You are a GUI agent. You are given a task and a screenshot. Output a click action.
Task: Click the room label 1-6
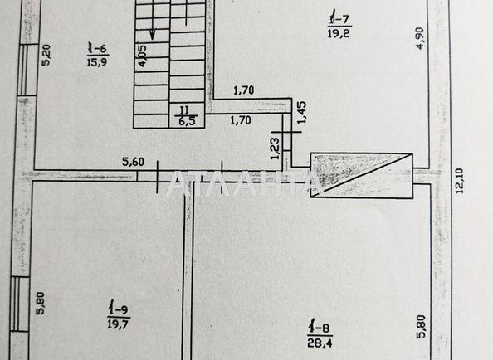pyautogui.click(x=97, y=49)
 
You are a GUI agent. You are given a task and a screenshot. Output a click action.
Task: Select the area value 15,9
pyautogui.click(x=97, y=62)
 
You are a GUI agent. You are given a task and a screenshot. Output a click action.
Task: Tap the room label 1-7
pyautogui.click(x=339, y=19)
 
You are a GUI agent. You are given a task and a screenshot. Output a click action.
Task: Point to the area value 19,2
pyautogui.click(x=339, y=33)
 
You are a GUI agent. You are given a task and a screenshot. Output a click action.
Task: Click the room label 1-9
pyautogui.click(x=119, y=309)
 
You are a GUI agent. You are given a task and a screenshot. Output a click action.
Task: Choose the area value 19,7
pyautogui.click(x=119, y=324)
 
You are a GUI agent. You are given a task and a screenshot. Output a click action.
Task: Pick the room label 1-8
pyautogui.click(x=320, y=328)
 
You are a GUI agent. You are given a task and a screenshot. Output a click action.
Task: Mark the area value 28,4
pyautogui.click(x=320, y=342)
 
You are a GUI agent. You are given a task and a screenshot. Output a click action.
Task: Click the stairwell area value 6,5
pyautogui.click(x=187, y=121)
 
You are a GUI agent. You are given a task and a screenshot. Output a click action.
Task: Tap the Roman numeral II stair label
pyautogui.click(x=184, y=110)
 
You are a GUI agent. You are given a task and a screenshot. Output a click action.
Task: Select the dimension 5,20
pyautogui.click(x=46, y=55)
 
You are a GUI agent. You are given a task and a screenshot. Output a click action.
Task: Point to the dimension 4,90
pyautogui.click(x=420, y=39)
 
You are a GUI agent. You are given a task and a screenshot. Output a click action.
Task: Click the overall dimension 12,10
pyautogui.click(x=459, y=181)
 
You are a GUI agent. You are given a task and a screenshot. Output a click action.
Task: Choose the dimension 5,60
pyautogui.click(x=134, y=162)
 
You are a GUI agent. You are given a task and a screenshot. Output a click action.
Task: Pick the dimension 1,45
pyautogui.click(x=301, y=113)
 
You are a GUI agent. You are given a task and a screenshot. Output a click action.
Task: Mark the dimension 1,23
pyautogui.click(x=275, y=148)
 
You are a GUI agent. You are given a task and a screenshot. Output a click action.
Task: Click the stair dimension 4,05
pyautogui.click(x=142, y=56)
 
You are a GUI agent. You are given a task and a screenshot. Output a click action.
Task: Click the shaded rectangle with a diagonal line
pyautogui.click(x=362, y=176)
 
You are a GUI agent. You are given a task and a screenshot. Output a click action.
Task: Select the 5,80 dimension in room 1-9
pyautogui.click(x=41, y=304)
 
